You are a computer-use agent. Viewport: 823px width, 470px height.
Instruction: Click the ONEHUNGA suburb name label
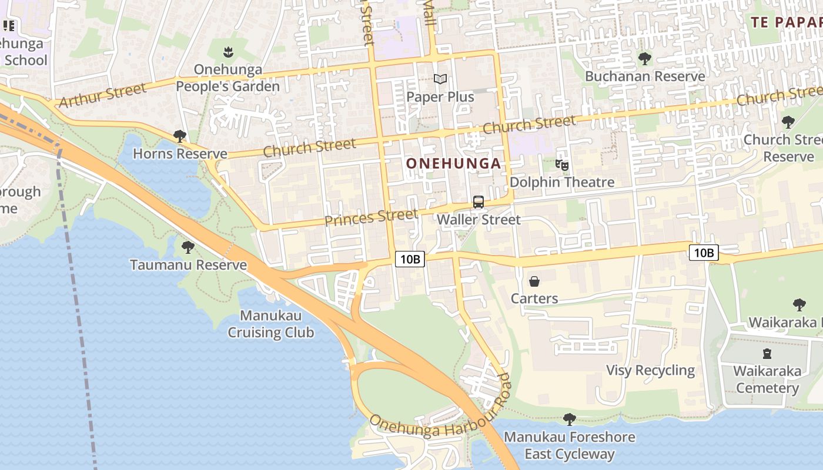pos(454,163)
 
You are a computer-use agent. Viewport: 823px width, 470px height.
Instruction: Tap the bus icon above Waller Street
pos(479,202)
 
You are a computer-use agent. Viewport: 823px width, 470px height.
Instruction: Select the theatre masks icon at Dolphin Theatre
pos(562,165)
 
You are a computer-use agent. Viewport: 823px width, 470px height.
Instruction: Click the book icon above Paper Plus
pos(440,79)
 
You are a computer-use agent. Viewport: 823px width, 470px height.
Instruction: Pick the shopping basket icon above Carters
pos(534,281)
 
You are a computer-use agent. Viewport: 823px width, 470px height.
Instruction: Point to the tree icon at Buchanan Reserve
pos(645,59)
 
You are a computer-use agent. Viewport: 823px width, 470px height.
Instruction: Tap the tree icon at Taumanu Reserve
pos(188,247)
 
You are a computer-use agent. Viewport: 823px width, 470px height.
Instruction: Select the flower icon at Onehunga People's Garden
pos(229,52)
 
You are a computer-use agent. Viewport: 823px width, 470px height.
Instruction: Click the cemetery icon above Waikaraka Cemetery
pos(767,354)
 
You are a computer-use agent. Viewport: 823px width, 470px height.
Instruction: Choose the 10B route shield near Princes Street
pos(410,259)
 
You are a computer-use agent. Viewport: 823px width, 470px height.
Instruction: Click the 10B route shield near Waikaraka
pos(704,253)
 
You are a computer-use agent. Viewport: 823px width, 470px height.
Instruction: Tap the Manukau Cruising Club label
pos(271,324)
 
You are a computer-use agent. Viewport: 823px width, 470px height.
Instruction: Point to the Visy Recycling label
pos(650,370)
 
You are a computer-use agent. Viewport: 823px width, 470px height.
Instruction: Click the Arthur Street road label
pos(102,95)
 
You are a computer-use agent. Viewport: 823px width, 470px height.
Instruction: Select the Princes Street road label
pos(371,217)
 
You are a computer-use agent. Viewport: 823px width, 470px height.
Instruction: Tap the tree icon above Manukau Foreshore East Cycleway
pos(569,419)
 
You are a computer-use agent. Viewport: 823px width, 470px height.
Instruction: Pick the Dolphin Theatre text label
pos(562,182)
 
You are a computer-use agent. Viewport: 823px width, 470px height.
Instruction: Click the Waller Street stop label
pos(479,220)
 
